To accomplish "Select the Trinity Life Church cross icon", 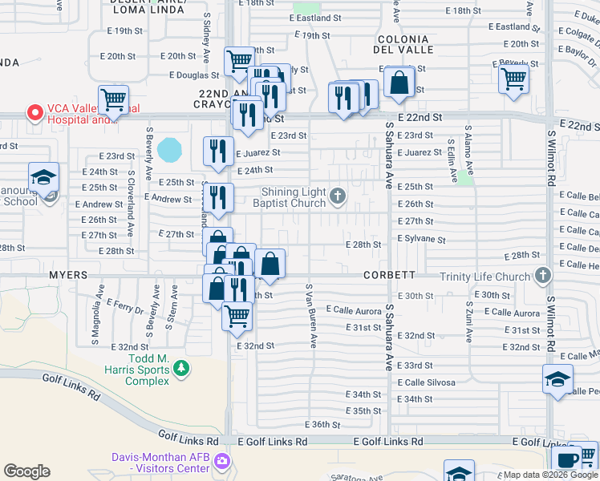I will (x=543, y=277).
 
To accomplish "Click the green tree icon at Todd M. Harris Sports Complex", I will (x=182, y=368).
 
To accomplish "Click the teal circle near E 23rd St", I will (x=170, y=149).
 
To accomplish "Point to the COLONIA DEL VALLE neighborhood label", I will (x=405, y=44).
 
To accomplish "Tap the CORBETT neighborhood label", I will (x=389, y=275).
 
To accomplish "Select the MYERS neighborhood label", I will (x=68, y=275).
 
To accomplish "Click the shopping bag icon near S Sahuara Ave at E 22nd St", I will (x=399, y=82).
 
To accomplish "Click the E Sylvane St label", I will (x=421, y=240).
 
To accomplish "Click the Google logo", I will (x=26, y=471).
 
